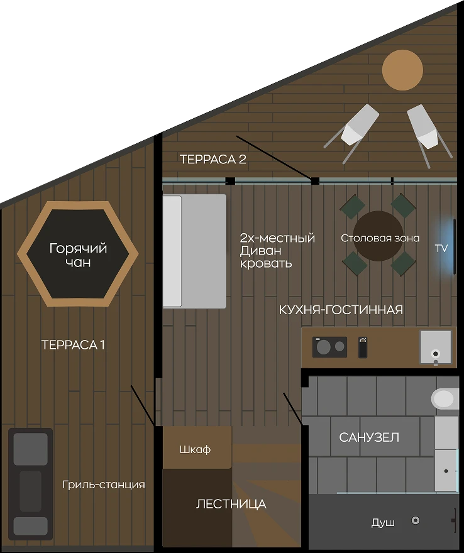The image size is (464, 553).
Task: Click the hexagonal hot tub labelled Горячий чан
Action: click(x=77, y=254)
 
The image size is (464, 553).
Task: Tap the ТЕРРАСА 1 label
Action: click(x=73, y=345)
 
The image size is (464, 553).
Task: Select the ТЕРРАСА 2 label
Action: click(x=213, y=159)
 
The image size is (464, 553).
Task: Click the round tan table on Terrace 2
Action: click(x=402, y=70)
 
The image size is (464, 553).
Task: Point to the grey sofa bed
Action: click(x=194, y=251)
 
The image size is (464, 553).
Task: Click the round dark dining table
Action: click(x=378, y=236)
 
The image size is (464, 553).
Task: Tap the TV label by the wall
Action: click(x=441, y=248)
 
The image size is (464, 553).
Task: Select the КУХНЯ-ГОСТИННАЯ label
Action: click(x=341, y=310)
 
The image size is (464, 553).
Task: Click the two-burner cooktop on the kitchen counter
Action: click(x=329, y=347)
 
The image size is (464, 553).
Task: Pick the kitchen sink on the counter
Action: click(x=436, y=348)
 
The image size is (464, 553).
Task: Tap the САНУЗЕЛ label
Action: click(x=369, y=437)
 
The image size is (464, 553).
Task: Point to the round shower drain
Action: click(x=416, y=520)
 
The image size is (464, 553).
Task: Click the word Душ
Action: click(x=383, y=522)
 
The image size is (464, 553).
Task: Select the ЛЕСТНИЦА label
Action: click(x=231, y=504)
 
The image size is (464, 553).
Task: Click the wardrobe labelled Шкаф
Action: click(x=197, y=447)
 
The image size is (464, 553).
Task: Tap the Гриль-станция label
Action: click(x=104, y=485)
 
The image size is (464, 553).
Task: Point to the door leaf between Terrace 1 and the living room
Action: click(x=143, y=405)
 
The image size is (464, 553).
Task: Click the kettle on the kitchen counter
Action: click(x=363, y=347)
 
